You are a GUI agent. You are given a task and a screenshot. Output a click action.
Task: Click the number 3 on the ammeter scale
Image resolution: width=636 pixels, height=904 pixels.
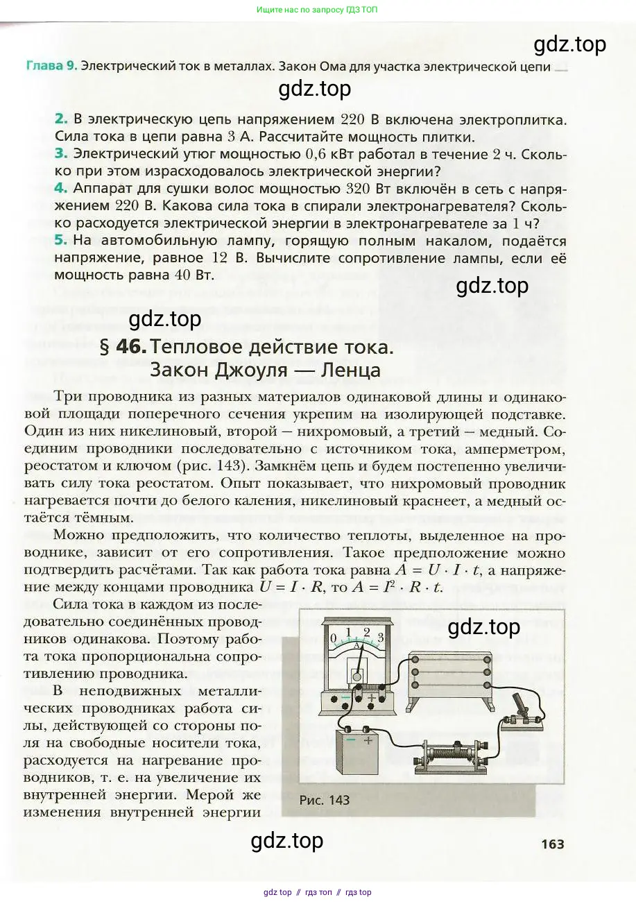(380, 636)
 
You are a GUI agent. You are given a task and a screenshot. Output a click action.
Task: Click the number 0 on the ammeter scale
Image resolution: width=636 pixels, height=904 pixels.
(334, 638)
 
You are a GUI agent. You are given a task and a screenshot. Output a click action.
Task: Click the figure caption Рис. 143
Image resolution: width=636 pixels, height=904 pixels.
(324, 799)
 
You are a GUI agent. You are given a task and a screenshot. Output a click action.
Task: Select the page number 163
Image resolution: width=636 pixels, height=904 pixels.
(553, 844)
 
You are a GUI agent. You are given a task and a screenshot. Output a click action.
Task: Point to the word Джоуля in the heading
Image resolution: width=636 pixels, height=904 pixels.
(251, 369)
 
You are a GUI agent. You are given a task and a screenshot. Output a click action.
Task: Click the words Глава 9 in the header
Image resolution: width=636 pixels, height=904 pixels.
(51, 67)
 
